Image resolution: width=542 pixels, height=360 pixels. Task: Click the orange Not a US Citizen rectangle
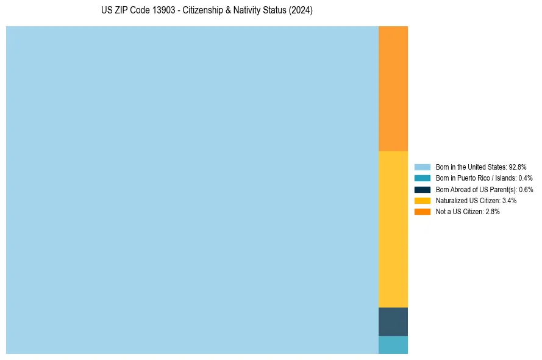(393, 88)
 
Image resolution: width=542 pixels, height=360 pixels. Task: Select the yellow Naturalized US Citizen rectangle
(393, 229)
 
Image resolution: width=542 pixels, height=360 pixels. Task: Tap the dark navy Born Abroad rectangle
(393, 322)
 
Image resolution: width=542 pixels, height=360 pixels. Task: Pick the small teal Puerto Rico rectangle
(393, 345)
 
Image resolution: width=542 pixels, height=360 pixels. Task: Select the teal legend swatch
(423, 178)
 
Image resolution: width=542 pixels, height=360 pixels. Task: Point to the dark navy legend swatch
(423, 190)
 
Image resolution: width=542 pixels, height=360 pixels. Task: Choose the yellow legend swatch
(423, 201)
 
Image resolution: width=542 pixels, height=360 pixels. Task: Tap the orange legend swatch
(423, 212)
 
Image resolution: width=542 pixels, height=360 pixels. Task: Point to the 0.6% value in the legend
(526, 190)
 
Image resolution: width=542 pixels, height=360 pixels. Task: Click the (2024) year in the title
(301, 11)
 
